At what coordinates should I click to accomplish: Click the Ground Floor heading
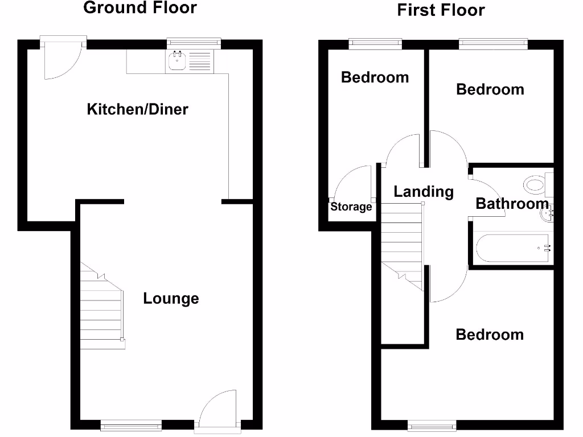point(140,8)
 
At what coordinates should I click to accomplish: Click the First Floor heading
point(441,10)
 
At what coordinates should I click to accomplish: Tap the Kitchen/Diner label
point(137,109)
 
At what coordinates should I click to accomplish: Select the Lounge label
point(171,299)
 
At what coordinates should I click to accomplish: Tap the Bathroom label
point(512,204)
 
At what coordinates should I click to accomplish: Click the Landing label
point(424,192)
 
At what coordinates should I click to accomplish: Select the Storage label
point(351,207)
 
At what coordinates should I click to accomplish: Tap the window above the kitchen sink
point(194,41)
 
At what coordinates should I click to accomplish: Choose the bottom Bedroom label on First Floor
point(490,335)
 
